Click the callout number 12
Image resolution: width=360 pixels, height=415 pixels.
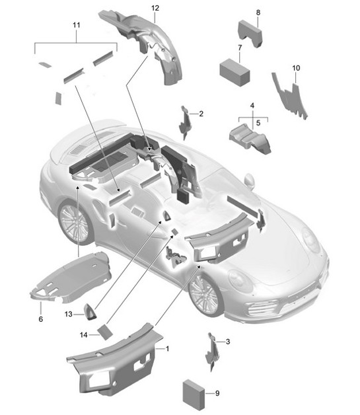(x=155, y=8)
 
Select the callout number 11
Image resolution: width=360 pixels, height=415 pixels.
(x=76, y=24)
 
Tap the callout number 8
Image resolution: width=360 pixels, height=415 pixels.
(x=258, y=13)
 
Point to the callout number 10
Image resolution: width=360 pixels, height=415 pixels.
(x=295, y=68)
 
